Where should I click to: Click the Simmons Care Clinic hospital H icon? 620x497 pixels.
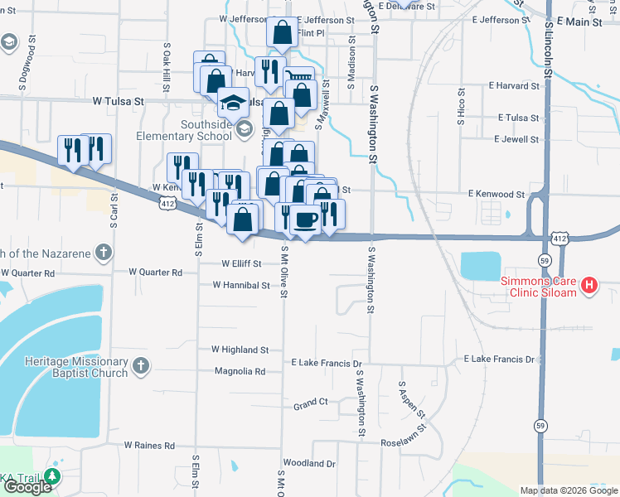click(589, 286)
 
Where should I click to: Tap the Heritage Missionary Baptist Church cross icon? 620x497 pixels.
click(142, 364)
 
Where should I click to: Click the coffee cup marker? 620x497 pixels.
click(306, 220)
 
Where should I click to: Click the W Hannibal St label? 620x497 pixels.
click(241, 285)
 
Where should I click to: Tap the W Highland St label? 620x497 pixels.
click(240, 350)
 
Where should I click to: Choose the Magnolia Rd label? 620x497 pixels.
click(240, 371)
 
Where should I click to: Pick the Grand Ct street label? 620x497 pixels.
click(311, 403)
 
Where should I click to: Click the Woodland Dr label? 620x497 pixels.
click(308, 463)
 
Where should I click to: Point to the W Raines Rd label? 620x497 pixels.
click(150, 445)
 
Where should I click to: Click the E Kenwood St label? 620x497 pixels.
click(496, 194)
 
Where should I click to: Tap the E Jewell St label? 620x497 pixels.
click(516, 139)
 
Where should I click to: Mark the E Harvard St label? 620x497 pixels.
click(514, 84)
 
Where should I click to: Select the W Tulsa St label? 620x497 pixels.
click(119, 101)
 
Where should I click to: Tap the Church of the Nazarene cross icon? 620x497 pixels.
click(104, 252)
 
